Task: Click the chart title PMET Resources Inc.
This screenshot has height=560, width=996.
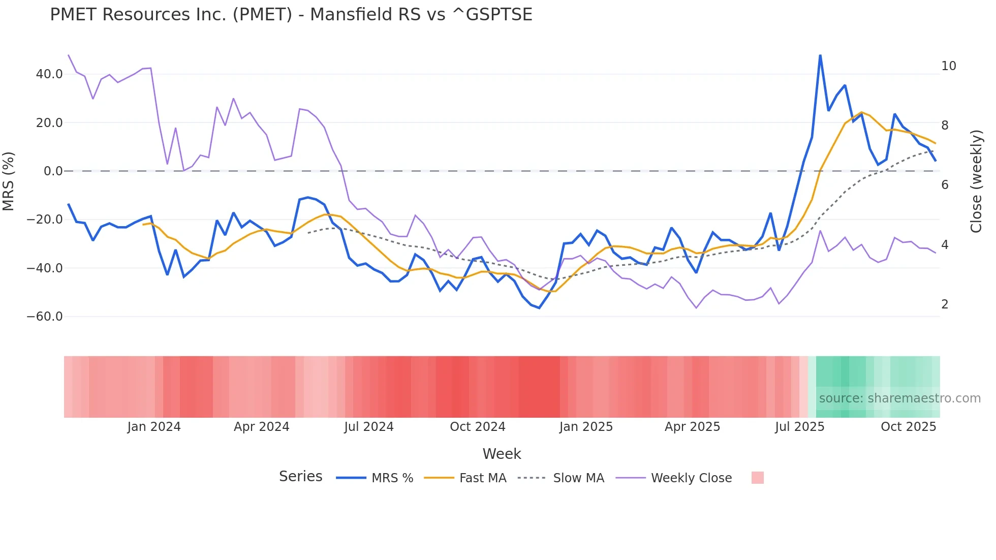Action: [x=291, y=15]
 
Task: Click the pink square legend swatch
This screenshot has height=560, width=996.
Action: [x=757, y=478]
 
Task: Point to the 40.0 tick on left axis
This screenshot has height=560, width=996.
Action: [x=49, y=74]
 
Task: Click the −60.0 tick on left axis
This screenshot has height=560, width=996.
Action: [x=45, y=317]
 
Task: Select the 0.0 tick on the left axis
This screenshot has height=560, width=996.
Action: [x=53, y=171]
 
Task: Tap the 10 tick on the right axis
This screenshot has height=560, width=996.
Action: [x=948, y=66]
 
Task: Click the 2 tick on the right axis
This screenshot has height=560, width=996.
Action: [x=945, y=304]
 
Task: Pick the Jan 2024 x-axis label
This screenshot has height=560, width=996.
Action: [x=154, y=427]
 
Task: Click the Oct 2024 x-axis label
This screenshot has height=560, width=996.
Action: [x=478, y=427]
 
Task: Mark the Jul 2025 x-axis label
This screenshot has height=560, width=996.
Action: [x=799, y=427]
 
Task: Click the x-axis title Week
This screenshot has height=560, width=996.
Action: [x=502, y=454]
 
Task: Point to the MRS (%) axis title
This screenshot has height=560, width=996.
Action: [x=9, y=181]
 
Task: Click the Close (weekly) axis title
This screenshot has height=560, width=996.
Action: [x=976, y=181]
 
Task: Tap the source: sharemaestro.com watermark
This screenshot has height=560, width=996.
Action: [x=899, y=398]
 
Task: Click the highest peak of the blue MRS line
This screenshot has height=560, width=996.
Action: [x=820, y=55]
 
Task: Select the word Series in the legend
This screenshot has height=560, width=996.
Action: [x=300, y=477]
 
